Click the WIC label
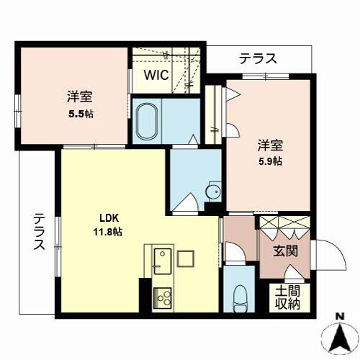pyautogui.click(x=156, y=75)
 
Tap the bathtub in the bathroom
pyautogui.click(x=147, y=122)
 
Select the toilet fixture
pyautogui.click(x=240, y=298)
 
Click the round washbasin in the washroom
pyautogui.click(x=213, y=192)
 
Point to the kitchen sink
pyautogui.click(x=163, y=261)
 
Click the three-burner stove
pyautogui.click(x=163, y=298)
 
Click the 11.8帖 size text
pyautogui.click(x=108, y=232)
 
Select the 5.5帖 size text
pyautogui.click(x=81, y=114)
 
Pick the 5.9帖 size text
pyautogui.click(x=270, y=161)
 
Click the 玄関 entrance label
pyautogui.click(x=286, y=251)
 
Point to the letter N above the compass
pyautogui.click(x=340, y=317)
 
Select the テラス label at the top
pyautogui.click(x=258, y=58)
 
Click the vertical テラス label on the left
pyautogui.click(x=39, y=232)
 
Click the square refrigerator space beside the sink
pyautogui.click(x=186, y=258)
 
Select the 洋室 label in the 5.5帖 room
pyautogui.click(x=80, y=96)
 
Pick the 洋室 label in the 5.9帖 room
pyautogui.click(x=270, y=145)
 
